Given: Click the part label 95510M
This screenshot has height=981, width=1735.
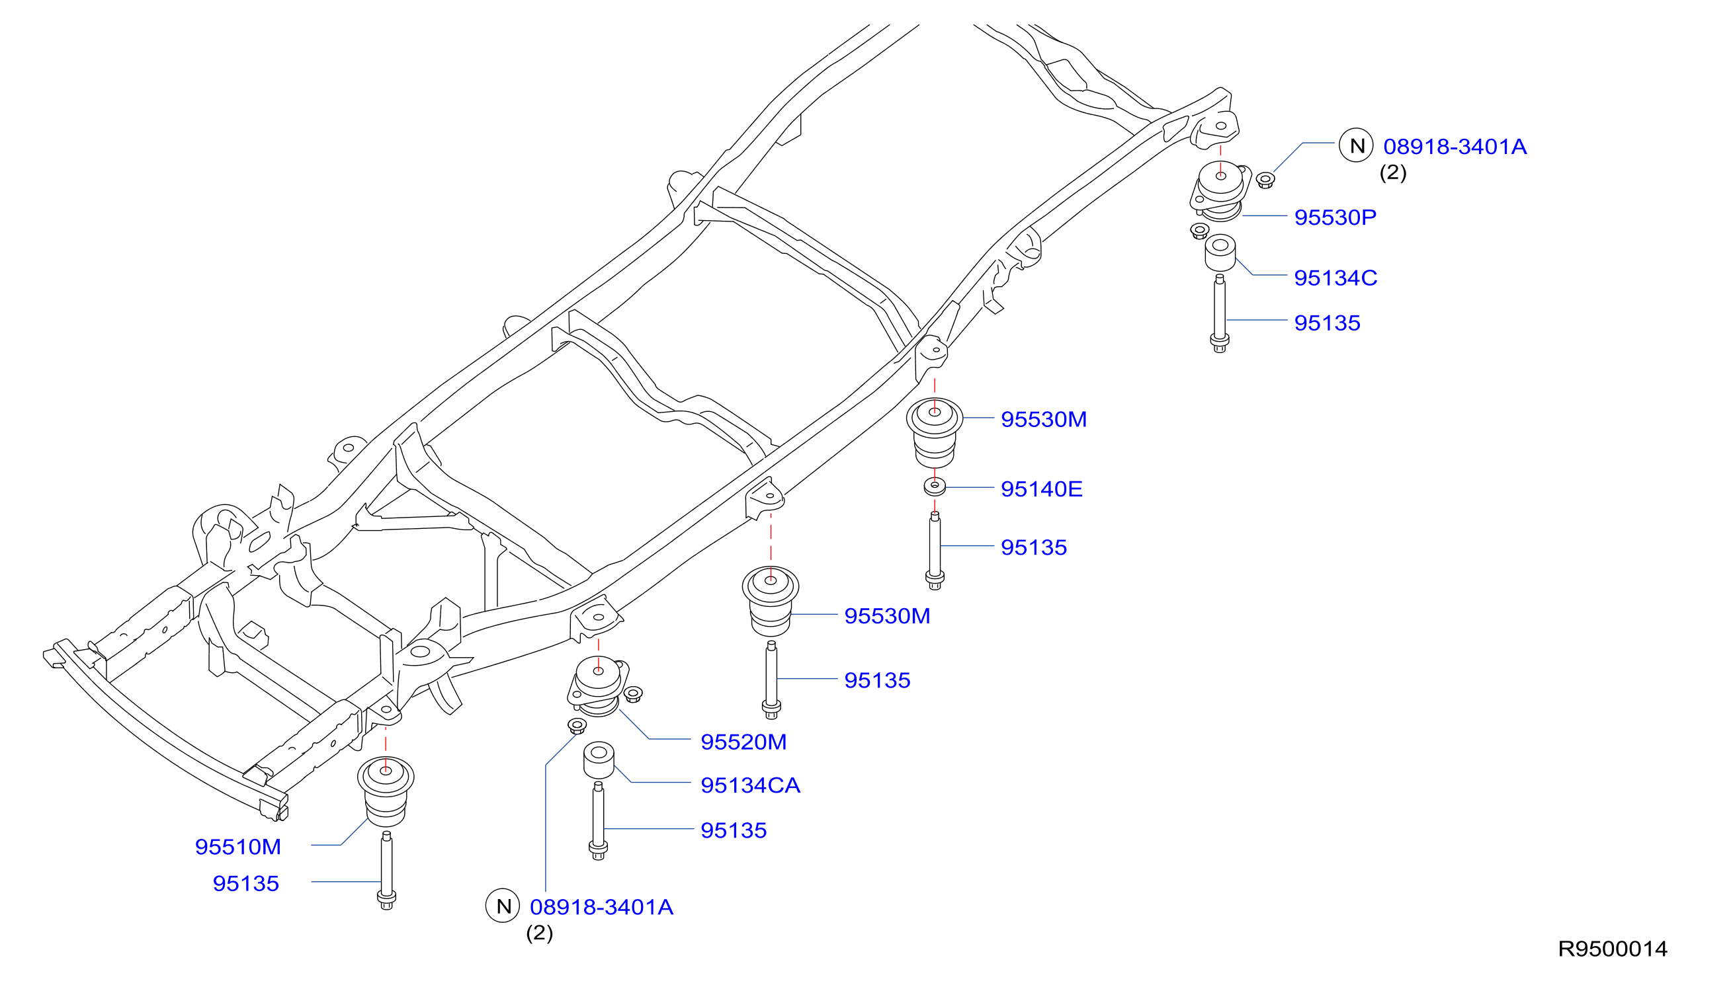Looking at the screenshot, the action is tap(237, 847).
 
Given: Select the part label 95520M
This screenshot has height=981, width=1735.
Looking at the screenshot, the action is tap(743, 742).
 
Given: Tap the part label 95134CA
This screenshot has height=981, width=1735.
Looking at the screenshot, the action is tap(750, 785).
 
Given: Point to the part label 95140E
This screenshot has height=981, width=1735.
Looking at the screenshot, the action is tap(1041, 489).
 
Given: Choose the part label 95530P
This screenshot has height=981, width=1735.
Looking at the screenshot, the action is tap(1335, 217).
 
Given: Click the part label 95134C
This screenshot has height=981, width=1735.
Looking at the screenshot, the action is tap(1335, 278).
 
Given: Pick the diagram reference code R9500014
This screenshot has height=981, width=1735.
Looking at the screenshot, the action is tap(1613, 949).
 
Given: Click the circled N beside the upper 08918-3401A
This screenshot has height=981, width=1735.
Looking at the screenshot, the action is tap(1356, 145).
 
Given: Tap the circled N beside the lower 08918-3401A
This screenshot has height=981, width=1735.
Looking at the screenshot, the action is tap(503, 906).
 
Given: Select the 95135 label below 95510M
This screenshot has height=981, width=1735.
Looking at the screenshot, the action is tap(245, 883).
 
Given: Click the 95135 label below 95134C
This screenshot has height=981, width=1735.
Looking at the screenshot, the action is tap(1326, 323).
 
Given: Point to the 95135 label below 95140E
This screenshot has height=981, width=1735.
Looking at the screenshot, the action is tap(1033, 547).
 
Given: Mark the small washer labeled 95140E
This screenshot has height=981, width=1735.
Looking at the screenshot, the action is tap(934, 486).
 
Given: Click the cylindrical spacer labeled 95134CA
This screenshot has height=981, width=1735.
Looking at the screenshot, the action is tap(598, 761).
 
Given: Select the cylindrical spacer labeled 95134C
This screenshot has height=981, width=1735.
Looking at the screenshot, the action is tap(1220, 253).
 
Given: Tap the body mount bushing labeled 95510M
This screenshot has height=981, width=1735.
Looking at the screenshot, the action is tap(386, 792).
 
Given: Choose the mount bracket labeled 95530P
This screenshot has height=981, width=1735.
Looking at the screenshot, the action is tap(1220, 190).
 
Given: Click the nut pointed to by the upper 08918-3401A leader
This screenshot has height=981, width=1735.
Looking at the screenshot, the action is tap(1265, 180).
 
